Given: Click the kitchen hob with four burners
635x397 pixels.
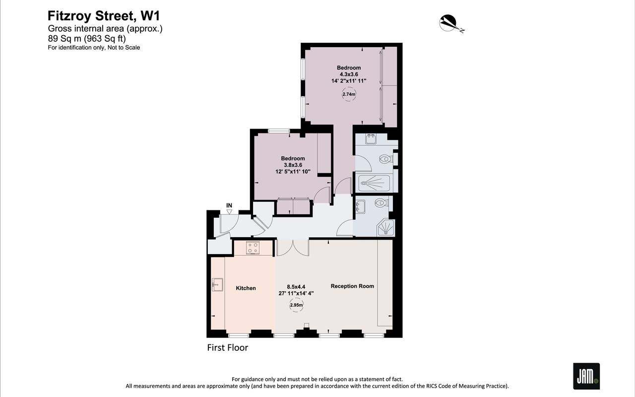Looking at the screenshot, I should click(253, 248).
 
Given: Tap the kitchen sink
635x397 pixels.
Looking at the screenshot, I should click(217, 285).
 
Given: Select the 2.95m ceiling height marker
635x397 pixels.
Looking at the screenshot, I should click(296, 305).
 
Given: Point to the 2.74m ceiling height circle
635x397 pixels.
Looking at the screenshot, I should click(349, 94).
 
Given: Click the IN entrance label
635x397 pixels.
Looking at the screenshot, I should click(229, 205).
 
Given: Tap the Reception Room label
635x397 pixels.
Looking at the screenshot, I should click(352, 286).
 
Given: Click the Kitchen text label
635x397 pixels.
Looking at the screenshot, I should click(246, 288).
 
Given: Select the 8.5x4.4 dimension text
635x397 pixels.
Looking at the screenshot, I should click(296, 287).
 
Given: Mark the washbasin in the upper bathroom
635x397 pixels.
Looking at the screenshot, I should click(371, 138).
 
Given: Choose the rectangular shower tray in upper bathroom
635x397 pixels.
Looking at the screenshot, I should click(375, 183).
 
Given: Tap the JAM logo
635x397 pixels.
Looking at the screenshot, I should click(586, 376).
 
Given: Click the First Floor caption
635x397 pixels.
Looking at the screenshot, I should click(227, 348).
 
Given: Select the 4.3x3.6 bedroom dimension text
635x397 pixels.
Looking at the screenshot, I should click(349, 74).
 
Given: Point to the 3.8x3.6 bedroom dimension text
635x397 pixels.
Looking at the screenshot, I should click(293, 165).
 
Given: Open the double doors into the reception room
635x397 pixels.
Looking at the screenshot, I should click(293, 247).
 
